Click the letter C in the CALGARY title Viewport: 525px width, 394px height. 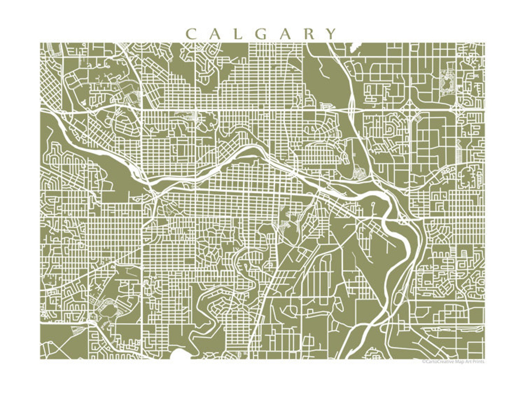click(x=191, y=34)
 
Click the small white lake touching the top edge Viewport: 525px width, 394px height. click(x=352, y=48)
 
